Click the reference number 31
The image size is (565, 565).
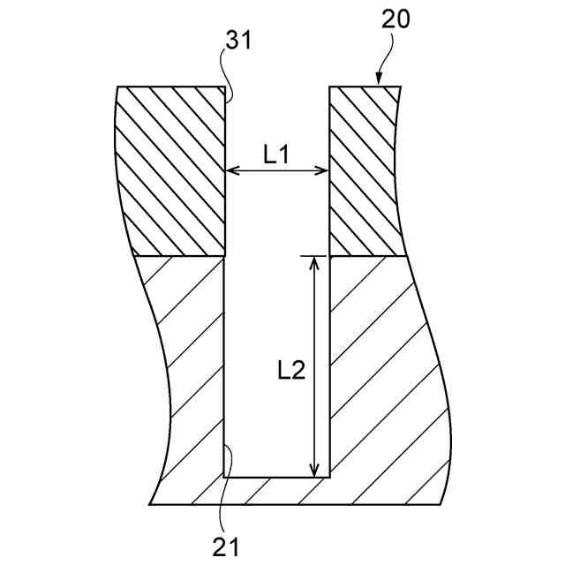click(237, 41)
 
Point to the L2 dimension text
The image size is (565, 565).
click(286, 370)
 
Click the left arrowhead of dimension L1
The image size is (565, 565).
click(231, 170)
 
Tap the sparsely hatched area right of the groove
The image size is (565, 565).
click(380, 371)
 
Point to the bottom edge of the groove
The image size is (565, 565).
click(277, 478)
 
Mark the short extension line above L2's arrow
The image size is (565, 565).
click(308, 256)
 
